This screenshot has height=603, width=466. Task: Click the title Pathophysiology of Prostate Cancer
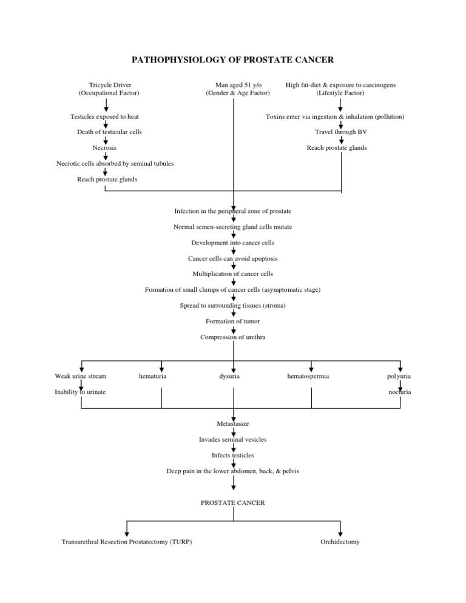coord(233,60)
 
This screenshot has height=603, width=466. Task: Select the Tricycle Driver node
coord(109,86)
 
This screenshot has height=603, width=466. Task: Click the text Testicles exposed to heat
coord(106,116)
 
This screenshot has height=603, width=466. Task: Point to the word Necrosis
coord(104,147)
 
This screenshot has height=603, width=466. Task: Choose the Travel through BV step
coord(340,132)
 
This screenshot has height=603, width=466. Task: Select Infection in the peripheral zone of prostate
coord(232,211)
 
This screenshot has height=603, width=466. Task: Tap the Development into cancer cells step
coord(232,243)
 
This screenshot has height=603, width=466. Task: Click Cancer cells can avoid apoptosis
coord(232,258)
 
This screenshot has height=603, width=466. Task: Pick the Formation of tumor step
coord(232,322)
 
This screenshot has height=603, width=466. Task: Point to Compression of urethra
coord(232,337)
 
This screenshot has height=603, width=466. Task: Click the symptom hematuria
coord(153,377)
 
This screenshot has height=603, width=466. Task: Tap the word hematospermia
coord(308,377)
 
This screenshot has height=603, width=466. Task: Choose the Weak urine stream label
coord(81,377)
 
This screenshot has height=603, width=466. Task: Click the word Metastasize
coord(232,423)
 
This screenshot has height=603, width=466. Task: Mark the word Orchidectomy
coord(340,542)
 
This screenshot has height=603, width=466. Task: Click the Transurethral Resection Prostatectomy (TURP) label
coord(127,542)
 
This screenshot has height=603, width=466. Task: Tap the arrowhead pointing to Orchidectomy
coord(341,533)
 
